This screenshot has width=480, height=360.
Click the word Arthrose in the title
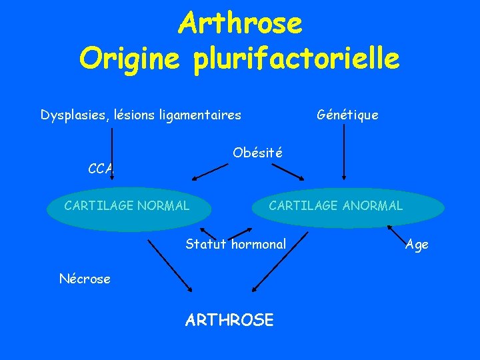(x=240, y=24)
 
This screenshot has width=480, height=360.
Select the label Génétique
(x=347, y=115)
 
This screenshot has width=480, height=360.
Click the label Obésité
(x=257, y=153)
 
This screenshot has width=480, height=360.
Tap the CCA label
(x=101, y=169)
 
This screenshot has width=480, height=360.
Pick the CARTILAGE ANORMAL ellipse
(x=335, y=206)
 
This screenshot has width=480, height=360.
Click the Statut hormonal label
(x=235, y=244)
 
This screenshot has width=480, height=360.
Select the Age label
(x=417, y=245)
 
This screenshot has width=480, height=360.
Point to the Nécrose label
(x=85, y=279)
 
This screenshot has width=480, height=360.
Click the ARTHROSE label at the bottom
(x=229, y=320)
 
